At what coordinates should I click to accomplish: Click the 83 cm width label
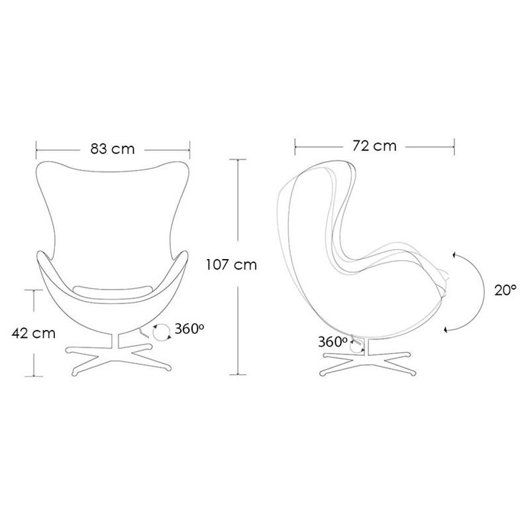(x=113, y=148)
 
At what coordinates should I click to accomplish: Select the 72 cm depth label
(x=374, y=146)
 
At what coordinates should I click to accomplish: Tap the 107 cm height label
(x=231, y=264)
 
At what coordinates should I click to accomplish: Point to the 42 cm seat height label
(x=34, y=333)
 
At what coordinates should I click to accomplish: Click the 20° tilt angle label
(x=505, y=290)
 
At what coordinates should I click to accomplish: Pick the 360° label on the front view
(x=189, y=329)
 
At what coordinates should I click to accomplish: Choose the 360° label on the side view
(x=333, y=342)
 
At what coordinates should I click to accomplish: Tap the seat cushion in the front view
(x=113, y=290)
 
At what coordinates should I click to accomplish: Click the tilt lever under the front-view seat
(x=144, y=333)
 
